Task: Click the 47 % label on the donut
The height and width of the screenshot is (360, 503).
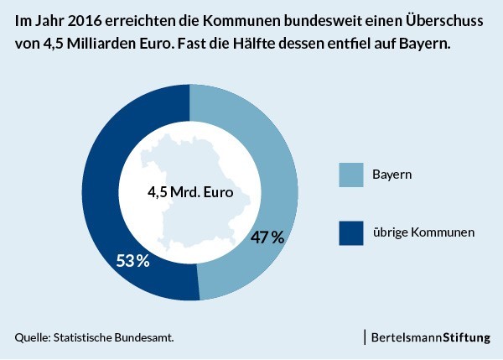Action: tap(267, 237)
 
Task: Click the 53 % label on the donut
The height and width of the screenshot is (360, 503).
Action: tap(132, 260)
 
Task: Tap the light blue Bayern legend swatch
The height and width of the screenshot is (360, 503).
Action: tap(351, 175)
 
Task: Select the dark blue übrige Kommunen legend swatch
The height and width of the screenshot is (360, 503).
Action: tap(351, 232)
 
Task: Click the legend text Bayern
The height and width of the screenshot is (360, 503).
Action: tap(392, 175)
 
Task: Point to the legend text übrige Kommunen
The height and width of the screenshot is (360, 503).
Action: tap(423, 232)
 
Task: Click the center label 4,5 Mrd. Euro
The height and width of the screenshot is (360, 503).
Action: tap(190, 192)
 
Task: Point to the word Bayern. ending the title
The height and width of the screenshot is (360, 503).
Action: tap(425, 44)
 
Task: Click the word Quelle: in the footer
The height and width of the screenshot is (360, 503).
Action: tap(33, 337)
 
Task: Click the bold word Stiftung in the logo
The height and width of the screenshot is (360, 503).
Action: tap(467, 338)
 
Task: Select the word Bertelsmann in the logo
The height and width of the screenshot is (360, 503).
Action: tap(407, 337)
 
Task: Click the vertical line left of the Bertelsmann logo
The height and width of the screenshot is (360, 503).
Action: tap(365, 337)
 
